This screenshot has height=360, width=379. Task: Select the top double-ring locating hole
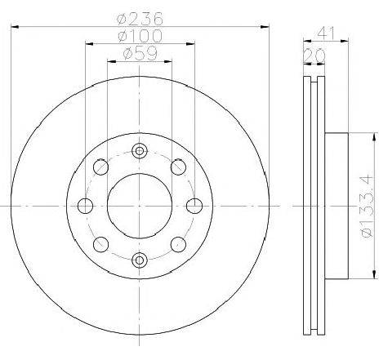click(140, 150)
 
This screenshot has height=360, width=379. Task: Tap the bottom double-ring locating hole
click(140, 260)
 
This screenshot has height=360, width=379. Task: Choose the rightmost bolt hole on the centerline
click(194, 205)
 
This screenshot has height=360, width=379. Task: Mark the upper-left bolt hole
click(101, 167)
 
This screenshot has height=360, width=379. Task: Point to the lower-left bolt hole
click(101, 243)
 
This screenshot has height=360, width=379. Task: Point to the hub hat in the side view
click(336, 205)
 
